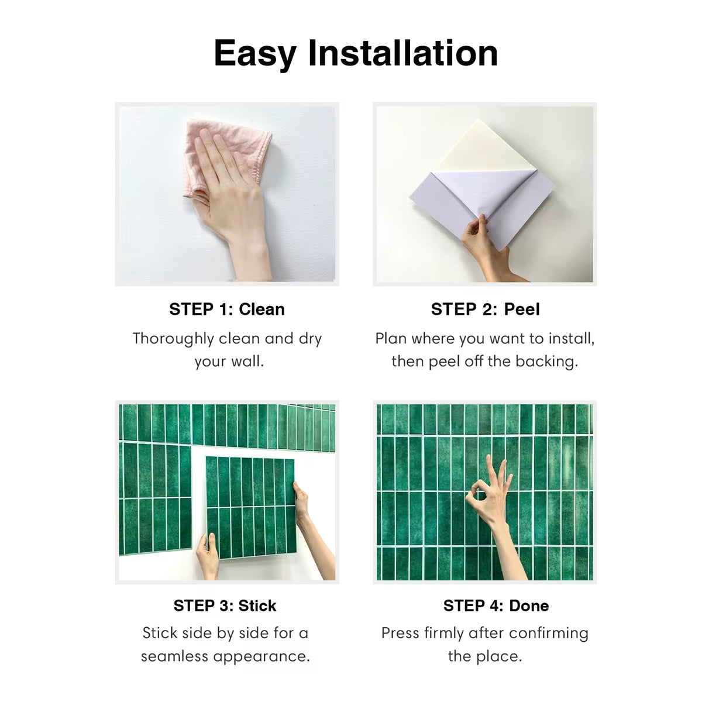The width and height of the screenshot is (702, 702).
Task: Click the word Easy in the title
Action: (255, 54)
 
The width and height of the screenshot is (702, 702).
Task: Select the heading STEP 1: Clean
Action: (227, 309)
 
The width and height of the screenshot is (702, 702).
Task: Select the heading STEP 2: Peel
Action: (485, 309)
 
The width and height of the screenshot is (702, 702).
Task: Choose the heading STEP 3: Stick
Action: (225, 606)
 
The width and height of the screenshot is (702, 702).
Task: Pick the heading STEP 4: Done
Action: (496, 606)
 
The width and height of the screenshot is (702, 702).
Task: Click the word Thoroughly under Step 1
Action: (173, 339)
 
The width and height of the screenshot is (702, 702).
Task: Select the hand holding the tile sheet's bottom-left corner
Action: (208, 556)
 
